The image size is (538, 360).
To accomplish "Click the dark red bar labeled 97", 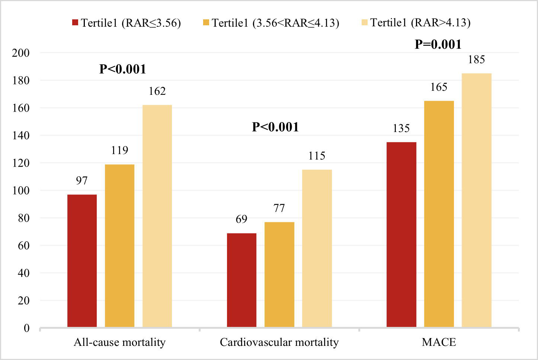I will coord(82,260).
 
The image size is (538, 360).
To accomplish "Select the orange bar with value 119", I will coord(119,245).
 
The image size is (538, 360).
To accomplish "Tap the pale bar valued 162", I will coord(157,216).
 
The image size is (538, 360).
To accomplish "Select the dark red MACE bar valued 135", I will coord(401,234).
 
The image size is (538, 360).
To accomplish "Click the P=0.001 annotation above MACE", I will coord(438,45).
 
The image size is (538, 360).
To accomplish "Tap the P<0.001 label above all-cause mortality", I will coord(122,69).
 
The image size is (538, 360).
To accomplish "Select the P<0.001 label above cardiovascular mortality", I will coord(275,127).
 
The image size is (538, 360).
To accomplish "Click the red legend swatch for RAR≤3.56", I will coord(75,23).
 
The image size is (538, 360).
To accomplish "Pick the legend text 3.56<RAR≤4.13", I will coord(275,23).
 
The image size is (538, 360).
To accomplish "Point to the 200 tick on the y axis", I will coord(20,53).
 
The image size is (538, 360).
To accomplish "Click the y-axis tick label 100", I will coord(20,190).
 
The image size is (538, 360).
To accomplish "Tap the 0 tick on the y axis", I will coord(26,328).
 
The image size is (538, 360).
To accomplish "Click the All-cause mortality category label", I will coord(119,342).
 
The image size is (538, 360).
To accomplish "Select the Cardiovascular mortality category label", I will coord(279,342).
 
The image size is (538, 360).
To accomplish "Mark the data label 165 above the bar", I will coord(439,87).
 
